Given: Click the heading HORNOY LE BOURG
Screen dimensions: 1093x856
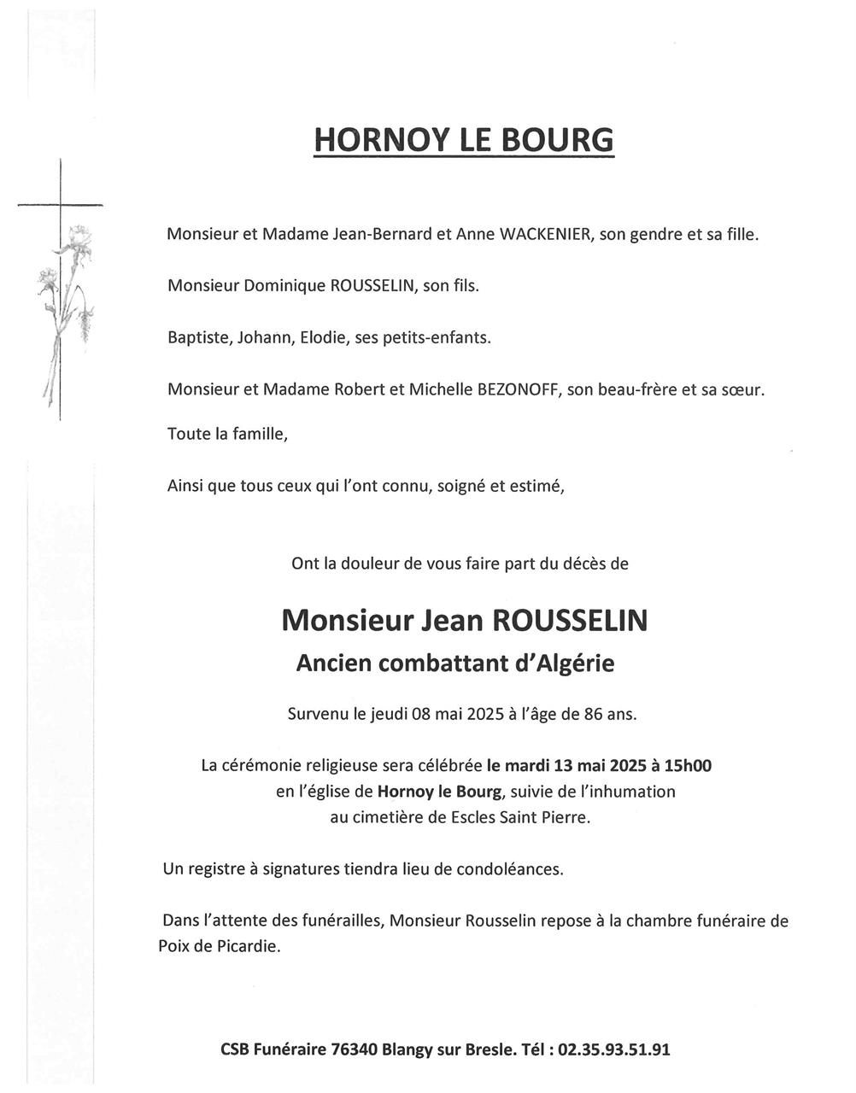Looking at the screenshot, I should pos(464,139).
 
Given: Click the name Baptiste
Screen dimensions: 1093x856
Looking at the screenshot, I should pos(196,337).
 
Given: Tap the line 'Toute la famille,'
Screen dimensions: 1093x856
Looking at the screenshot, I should pos(228,434).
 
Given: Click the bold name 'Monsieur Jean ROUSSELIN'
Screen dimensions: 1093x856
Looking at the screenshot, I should pos(464,620).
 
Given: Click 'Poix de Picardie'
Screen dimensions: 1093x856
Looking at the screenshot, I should pos(220,946).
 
